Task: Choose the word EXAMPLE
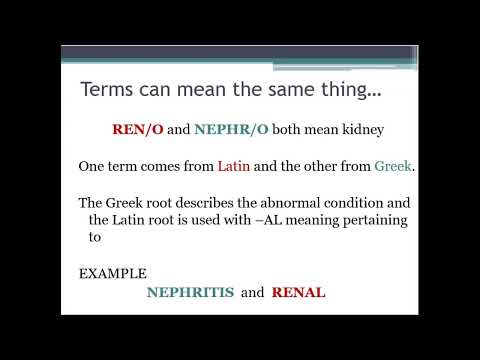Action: coord(113,273)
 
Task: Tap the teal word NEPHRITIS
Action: coord(190,293)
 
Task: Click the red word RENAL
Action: coord(298,293)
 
